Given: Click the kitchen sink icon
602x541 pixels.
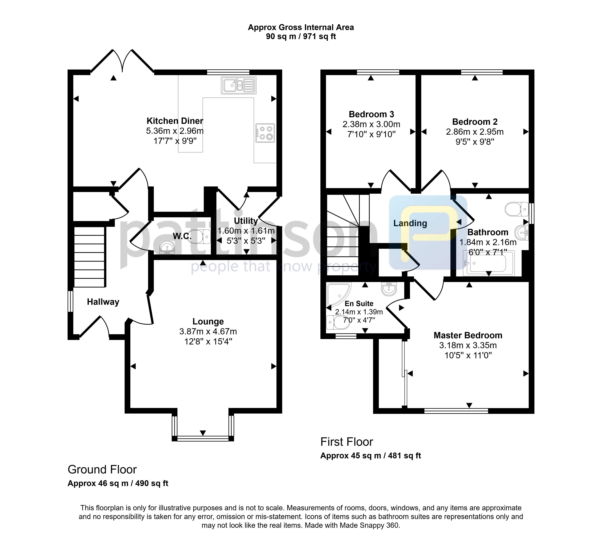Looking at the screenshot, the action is click(x=238, y=85).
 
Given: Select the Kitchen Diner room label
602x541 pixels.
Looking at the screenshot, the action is click(x=175, y=121).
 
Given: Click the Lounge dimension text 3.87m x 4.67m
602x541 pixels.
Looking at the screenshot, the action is click(x=208, y=331).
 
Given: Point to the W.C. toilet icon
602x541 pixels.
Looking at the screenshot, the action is click(x=199, y=237).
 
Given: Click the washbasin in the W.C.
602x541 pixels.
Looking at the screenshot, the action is click(x=167, y=247).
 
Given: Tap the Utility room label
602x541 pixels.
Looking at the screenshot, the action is click(x=246, y=221).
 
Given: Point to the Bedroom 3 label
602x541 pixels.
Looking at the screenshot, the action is click(x=371, y=114).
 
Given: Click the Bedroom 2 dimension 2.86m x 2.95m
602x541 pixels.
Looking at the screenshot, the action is click(x=475, y=132).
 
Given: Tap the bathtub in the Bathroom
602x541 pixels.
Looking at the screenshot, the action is click(x=489, y=263).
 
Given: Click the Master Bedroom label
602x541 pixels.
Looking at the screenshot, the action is click(x=468, y=335).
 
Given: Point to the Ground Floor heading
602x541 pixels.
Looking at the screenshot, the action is click(x=102, y=470).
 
